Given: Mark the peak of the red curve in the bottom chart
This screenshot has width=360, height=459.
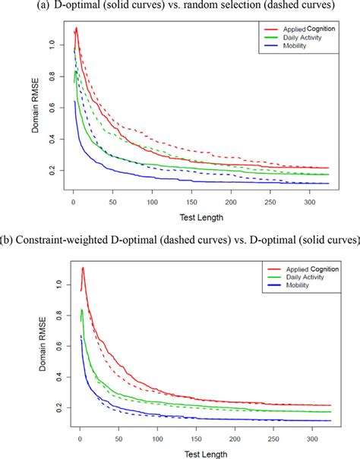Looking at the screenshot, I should (x=82, y=268).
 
